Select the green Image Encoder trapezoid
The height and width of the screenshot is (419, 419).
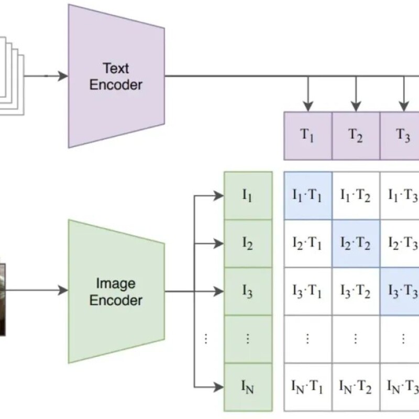click(116, 291)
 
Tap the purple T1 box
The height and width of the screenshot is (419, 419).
click(307, 136)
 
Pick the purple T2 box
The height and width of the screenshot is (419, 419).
click(356, 136)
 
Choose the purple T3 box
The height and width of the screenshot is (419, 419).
click(403, 136)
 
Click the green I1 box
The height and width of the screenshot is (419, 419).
click(248, 196)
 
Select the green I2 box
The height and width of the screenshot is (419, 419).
click(248, 244)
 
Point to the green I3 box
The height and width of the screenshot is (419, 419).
click(248, 291)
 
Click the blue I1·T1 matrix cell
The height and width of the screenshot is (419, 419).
click(307, 196)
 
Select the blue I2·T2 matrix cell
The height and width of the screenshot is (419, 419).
click(356, 244)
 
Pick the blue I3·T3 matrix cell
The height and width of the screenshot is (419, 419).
click(401, 291)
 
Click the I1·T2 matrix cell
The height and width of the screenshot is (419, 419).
click(356, 196)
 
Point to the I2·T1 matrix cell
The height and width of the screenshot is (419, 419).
click(307, 244)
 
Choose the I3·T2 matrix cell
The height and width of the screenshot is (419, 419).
click(356, 291)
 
